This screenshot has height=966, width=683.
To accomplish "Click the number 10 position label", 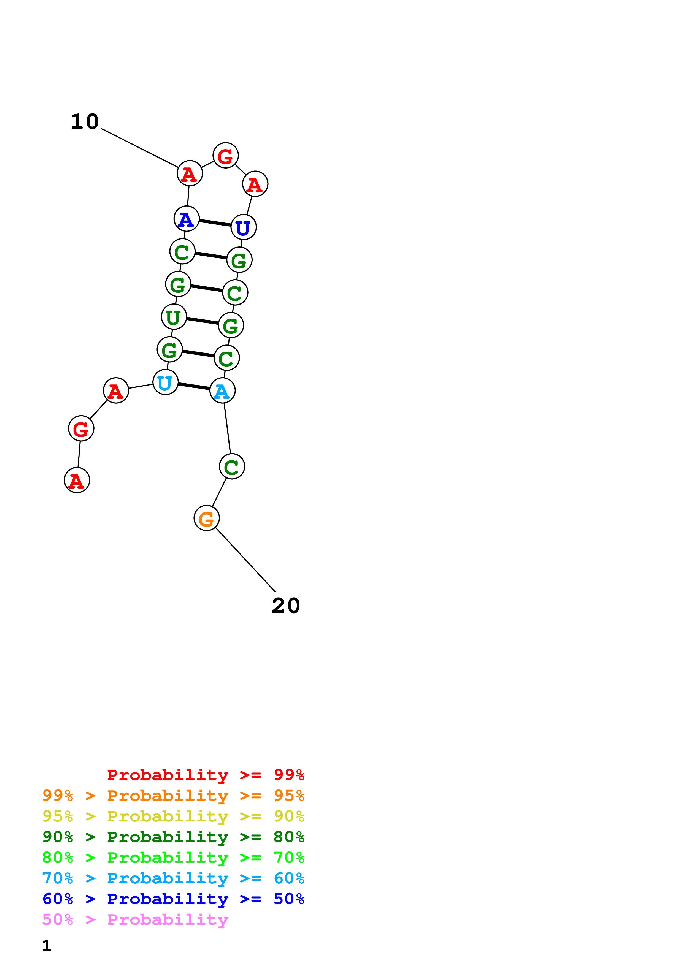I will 85,122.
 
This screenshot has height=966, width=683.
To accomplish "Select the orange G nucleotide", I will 206,518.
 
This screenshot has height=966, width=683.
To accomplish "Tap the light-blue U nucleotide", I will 165,382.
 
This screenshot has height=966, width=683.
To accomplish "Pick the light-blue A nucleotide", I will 222,391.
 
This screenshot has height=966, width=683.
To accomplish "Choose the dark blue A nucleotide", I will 187,219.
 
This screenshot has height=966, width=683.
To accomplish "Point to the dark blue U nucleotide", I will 243,227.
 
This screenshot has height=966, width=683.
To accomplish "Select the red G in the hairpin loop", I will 226,156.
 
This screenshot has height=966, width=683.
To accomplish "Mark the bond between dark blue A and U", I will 215,223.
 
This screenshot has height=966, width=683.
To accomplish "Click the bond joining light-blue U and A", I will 194,387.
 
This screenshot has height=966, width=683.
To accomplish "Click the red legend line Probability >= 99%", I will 205,775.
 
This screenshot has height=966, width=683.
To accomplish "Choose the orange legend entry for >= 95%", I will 173,796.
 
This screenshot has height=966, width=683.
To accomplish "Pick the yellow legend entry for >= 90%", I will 173,816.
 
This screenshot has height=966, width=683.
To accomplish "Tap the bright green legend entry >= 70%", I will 173,858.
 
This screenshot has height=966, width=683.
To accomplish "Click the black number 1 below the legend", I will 47,945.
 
